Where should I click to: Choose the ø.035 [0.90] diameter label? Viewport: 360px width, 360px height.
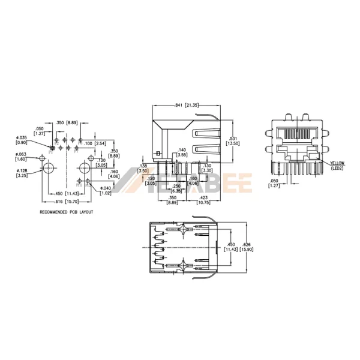click(22, 140)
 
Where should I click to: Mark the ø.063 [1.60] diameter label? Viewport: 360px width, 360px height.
click(22, 157)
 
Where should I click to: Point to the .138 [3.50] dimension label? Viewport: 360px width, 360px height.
click(143, 169)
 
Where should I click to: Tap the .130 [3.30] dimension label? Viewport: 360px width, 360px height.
click(208, 169)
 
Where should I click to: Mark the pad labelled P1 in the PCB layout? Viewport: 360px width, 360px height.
click(52, 147)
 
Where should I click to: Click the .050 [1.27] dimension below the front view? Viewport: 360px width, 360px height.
click(274, 183)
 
